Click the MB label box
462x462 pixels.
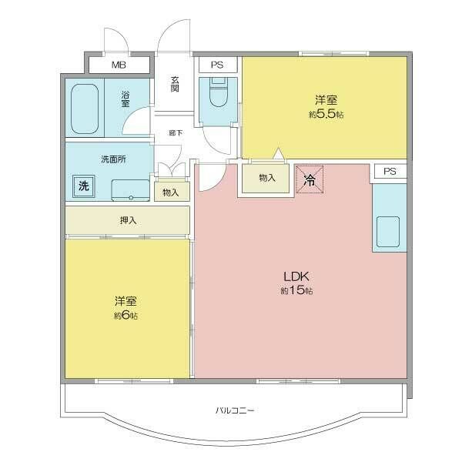click(119, 65)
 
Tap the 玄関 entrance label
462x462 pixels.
click(175, 84)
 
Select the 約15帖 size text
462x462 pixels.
click(296, 291)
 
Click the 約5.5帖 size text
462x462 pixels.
click(326, 114)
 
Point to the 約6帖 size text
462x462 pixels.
click(126, 315)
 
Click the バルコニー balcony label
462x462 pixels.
click(235, 410)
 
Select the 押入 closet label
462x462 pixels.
click(128, 220)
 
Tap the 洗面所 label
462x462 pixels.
click(112, 159)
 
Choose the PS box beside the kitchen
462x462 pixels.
click(390, 171)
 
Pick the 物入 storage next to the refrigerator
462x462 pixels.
click(266, 178)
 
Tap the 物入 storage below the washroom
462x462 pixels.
click(171, 192)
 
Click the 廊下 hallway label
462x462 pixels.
click(176, 133)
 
